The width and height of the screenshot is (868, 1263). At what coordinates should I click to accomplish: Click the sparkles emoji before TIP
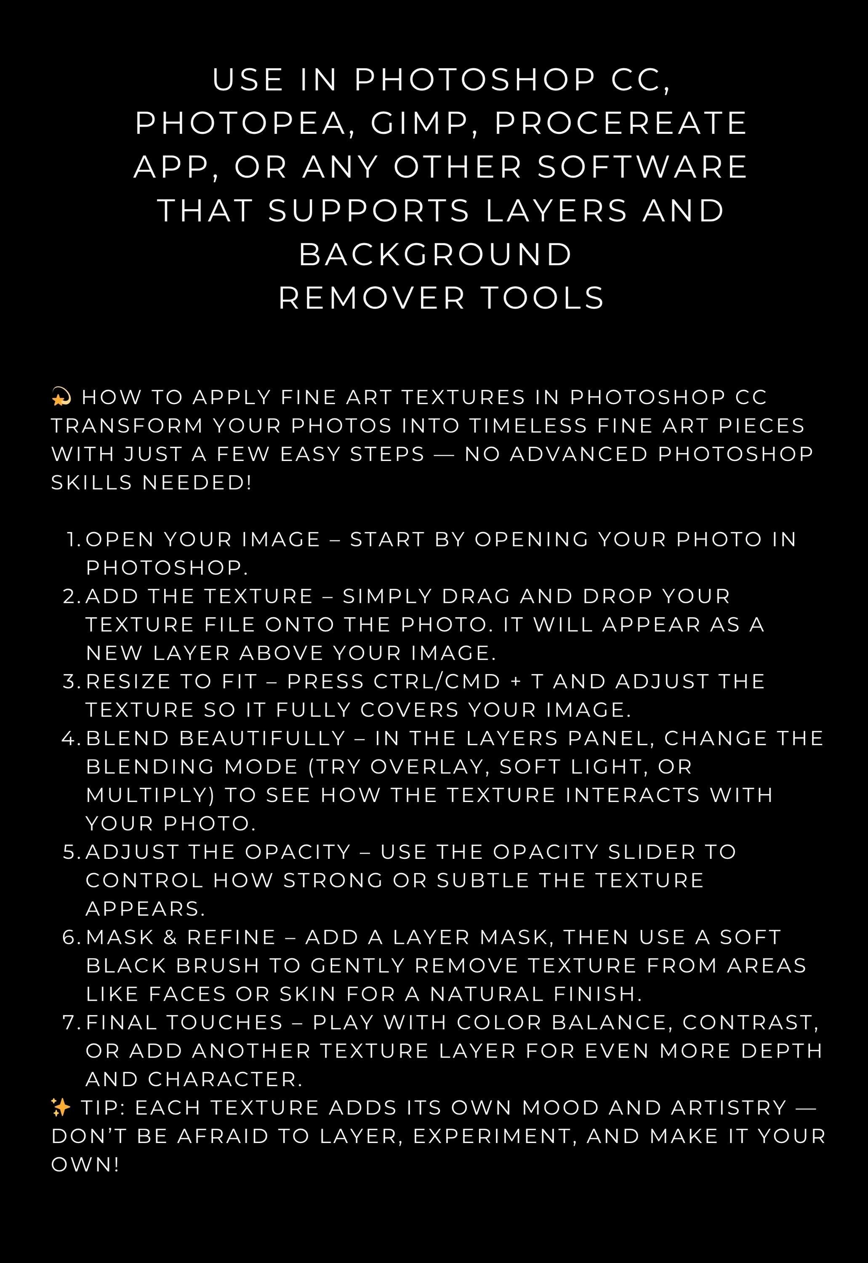[x=60, y=1107]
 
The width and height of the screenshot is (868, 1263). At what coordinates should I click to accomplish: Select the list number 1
[x=73, y=540]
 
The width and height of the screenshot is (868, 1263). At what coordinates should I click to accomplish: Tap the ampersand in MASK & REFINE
[x=170, y=937]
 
